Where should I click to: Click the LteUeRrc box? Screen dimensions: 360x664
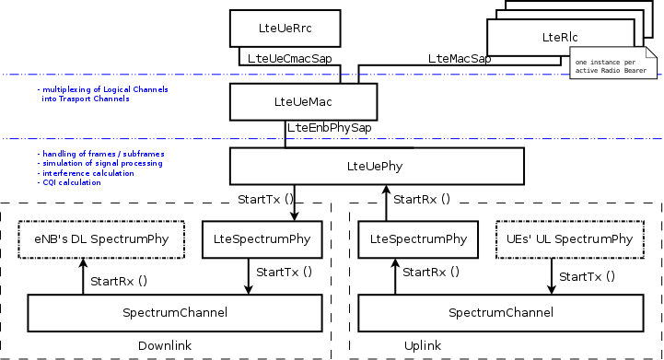[x=285, y=28]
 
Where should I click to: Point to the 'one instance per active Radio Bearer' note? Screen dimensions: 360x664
[x=609, y=66]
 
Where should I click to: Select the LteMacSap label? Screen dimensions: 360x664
[x=459, y=58]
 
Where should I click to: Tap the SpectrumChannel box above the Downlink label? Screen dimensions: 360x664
[x=175, y=313]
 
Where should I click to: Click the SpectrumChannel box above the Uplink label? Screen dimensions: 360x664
[x=500, y=313]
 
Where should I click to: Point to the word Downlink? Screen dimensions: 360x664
[x=163, y=345]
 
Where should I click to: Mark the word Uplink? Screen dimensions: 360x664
[x=423, y=345]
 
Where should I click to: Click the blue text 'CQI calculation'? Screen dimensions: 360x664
[x=70, y=182]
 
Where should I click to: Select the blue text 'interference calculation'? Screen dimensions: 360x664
[x=83, y=172]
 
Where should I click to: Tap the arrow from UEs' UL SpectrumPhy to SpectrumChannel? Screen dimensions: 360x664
[x=552, y=276]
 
